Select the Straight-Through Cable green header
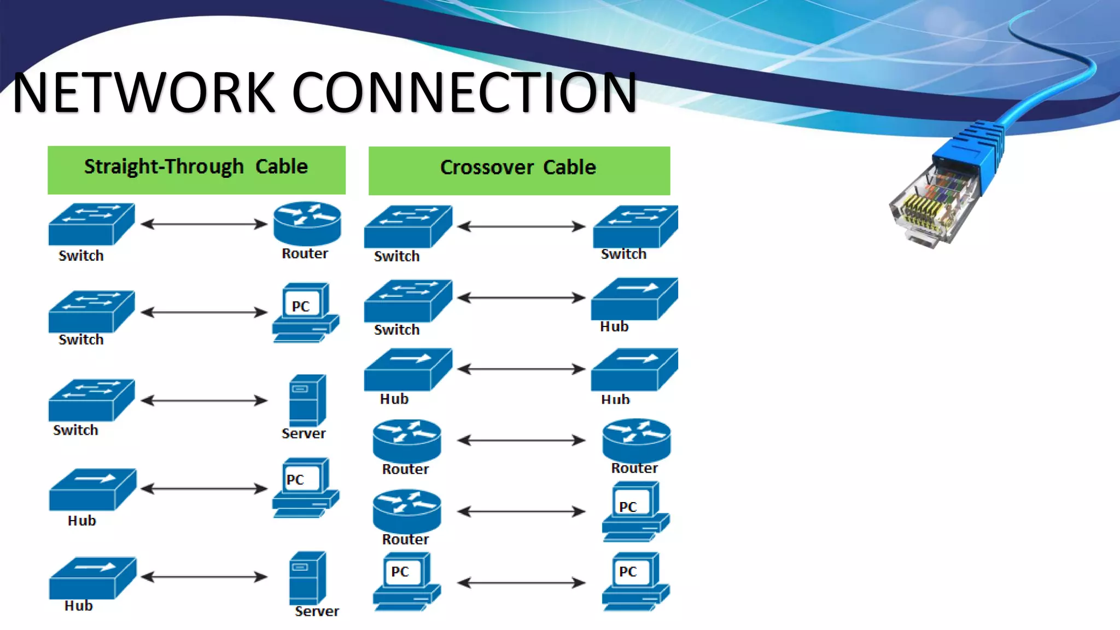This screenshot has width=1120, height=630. point(196,170)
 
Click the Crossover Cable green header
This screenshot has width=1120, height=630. point(519,170)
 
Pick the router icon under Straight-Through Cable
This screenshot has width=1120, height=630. point(307,224)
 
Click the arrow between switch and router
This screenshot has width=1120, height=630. point(203,224)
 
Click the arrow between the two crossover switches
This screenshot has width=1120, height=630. point(521,226)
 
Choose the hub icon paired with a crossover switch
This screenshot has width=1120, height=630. point(634,299)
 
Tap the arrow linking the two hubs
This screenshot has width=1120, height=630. point(521,369)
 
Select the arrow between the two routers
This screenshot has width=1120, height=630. point(521,440)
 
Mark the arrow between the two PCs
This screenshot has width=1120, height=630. point(521,583)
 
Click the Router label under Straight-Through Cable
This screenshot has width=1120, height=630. point(305,254)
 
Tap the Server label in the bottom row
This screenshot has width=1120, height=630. point(317,611)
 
